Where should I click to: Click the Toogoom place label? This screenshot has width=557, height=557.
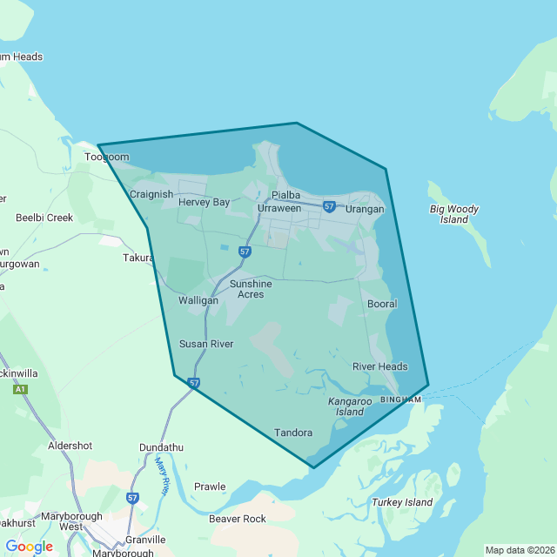[106, 158]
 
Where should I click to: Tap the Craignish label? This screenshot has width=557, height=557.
[151, 194]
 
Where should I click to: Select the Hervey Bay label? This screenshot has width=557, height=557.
[204, 202]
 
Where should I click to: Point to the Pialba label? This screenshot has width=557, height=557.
[285, 195]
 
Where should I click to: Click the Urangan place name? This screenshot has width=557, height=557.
[365, 209]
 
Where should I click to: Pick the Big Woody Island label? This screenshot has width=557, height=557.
[454, 214]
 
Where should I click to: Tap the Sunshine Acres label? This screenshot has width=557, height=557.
[251, 289]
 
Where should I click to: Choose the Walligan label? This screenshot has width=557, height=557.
[198, 300]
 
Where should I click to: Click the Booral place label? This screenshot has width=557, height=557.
[382, 304]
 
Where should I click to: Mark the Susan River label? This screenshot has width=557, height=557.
[206, 344]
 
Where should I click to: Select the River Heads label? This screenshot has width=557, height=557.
[379, 366]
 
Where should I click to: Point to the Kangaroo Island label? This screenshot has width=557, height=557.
[351, 406]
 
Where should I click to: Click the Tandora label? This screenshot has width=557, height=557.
[293, 433]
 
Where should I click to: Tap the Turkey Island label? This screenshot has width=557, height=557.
[402, 502]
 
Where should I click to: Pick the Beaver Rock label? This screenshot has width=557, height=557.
[238, 519]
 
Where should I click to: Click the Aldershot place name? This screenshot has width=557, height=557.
[70, 446]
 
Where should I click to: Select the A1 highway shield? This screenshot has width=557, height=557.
[19, 390]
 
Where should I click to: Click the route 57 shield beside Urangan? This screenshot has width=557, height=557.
[329, 207]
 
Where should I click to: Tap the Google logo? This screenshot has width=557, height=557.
[29, 547]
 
